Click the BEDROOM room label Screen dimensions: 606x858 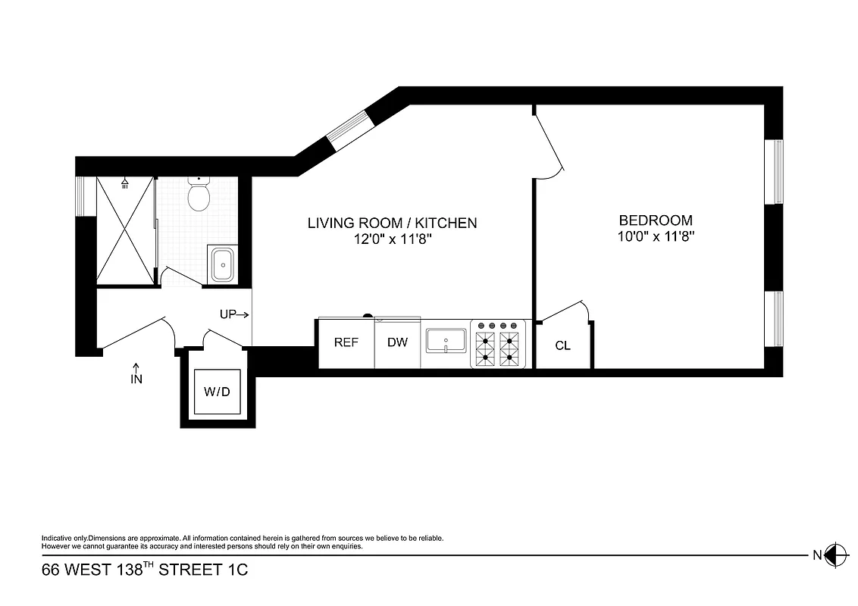pyautogui.click(x=656, y=220)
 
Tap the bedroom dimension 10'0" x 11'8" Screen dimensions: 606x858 pyautogui.click(x=656, y=236)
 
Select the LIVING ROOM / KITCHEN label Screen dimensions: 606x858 pyautogui.click(x=392, y=223)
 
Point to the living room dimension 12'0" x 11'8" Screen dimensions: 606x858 pyautogui.click(x=392, y=239)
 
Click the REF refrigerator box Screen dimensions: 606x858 pyautogui.click(x=346, y=342)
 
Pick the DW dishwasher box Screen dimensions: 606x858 pyautogui.click(x=397, y=342)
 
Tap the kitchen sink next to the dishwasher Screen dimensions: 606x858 pyautogui.click(x=445, y=341)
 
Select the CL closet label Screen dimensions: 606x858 pyautogui.click(x=562, y=346)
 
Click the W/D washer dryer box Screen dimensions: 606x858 pyautogui.click(x=217, y=392)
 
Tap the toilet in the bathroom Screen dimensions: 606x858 pyautogui.click(x=199, y=195)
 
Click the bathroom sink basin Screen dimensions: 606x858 pyautogui.click(x=222, y=264)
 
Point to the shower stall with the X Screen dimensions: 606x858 pyautogui.click(x=125, y=231)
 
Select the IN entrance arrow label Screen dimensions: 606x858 pyautogui.click(x=136, y=375)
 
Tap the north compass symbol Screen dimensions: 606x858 pyautogui.click(x=835, y=555)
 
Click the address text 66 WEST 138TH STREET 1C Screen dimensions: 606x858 pyautogui.click(x=145, y=570)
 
